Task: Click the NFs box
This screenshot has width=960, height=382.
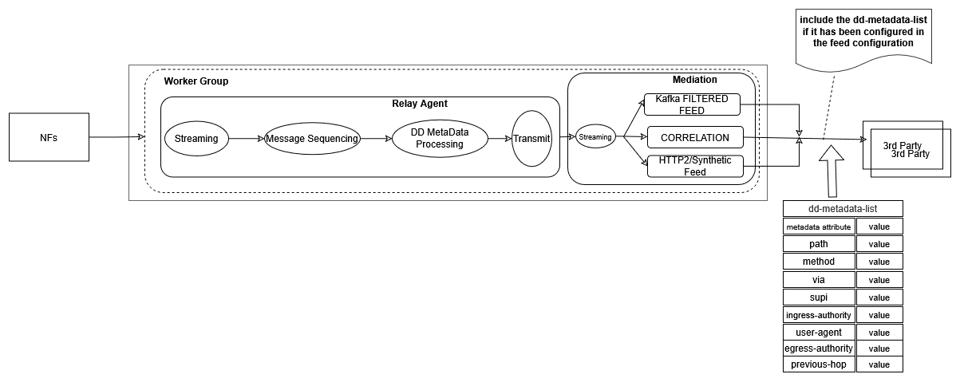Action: (49, 137)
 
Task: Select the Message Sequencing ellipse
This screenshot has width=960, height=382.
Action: (311, 138)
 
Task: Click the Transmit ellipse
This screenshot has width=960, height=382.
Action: (531, 138)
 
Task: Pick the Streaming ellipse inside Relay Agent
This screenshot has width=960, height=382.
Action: (196, 138)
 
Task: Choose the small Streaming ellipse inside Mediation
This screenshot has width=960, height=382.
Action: (595, 137)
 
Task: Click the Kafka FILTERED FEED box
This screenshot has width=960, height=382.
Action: (693, 104)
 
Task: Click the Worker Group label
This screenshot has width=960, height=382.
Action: (196, 81)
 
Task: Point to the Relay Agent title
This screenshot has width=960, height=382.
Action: (419, 103)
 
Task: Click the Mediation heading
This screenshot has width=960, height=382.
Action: (694, 80)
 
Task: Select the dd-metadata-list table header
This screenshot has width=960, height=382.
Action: (843, 208)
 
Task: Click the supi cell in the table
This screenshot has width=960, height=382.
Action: (818, 297)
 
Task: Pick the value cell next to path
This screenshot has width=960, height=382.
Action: (879, 244)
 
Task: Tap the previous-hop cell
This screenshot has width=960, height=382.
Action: (818, 364)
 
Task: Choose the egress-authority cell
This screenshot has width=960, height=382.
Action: (818, 348)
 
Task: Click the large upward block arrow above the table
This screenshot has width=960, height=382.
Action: (830, 171)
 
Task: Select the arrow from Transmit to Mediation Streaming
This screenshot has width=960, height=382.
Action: (562, 137)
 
